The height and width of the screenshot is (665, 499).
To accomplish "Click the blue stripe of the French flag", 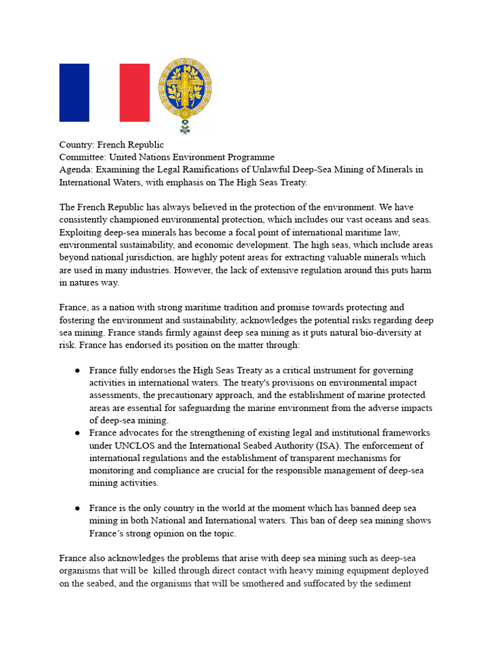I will pos(74,92).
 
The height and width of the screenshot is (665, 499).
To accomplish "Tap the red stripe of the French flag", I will pos(134,92).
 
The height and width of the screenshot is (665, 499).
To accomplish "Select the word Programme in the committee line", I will pos(252,157).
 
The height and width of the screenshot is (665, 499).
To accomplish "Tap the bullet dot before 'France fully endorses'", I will pos(77,371).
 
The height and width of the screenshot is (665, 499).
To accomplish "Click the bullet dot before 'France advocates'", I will pos(77,433).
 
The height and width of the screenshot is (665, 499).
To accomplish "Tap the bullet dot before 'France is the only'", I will pos(77,508).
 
